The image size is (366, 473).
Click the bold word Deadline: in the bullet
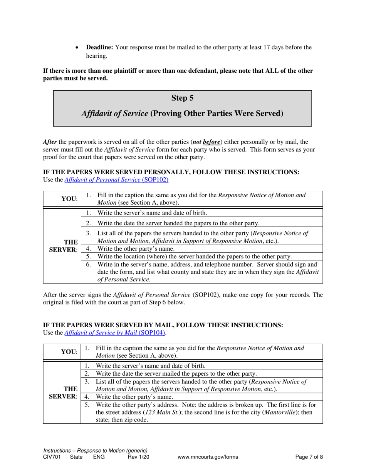[x=99, y=48]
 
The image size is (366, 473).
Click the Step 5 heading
[x=182, y=98]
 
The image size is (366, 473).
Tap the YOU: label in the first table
[x=69, y=199]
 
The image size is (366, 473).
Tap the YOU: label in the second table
[x=69, y=351]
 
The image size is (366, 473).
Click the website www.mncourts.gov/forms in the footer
[x=208, y=457]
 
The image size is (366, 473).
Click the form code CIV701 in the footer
[x=52, y=457]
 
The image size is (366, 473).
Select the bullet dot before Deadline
[x=78, y=48]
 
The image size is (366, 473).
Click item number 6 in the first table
[x=89, y=264]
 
